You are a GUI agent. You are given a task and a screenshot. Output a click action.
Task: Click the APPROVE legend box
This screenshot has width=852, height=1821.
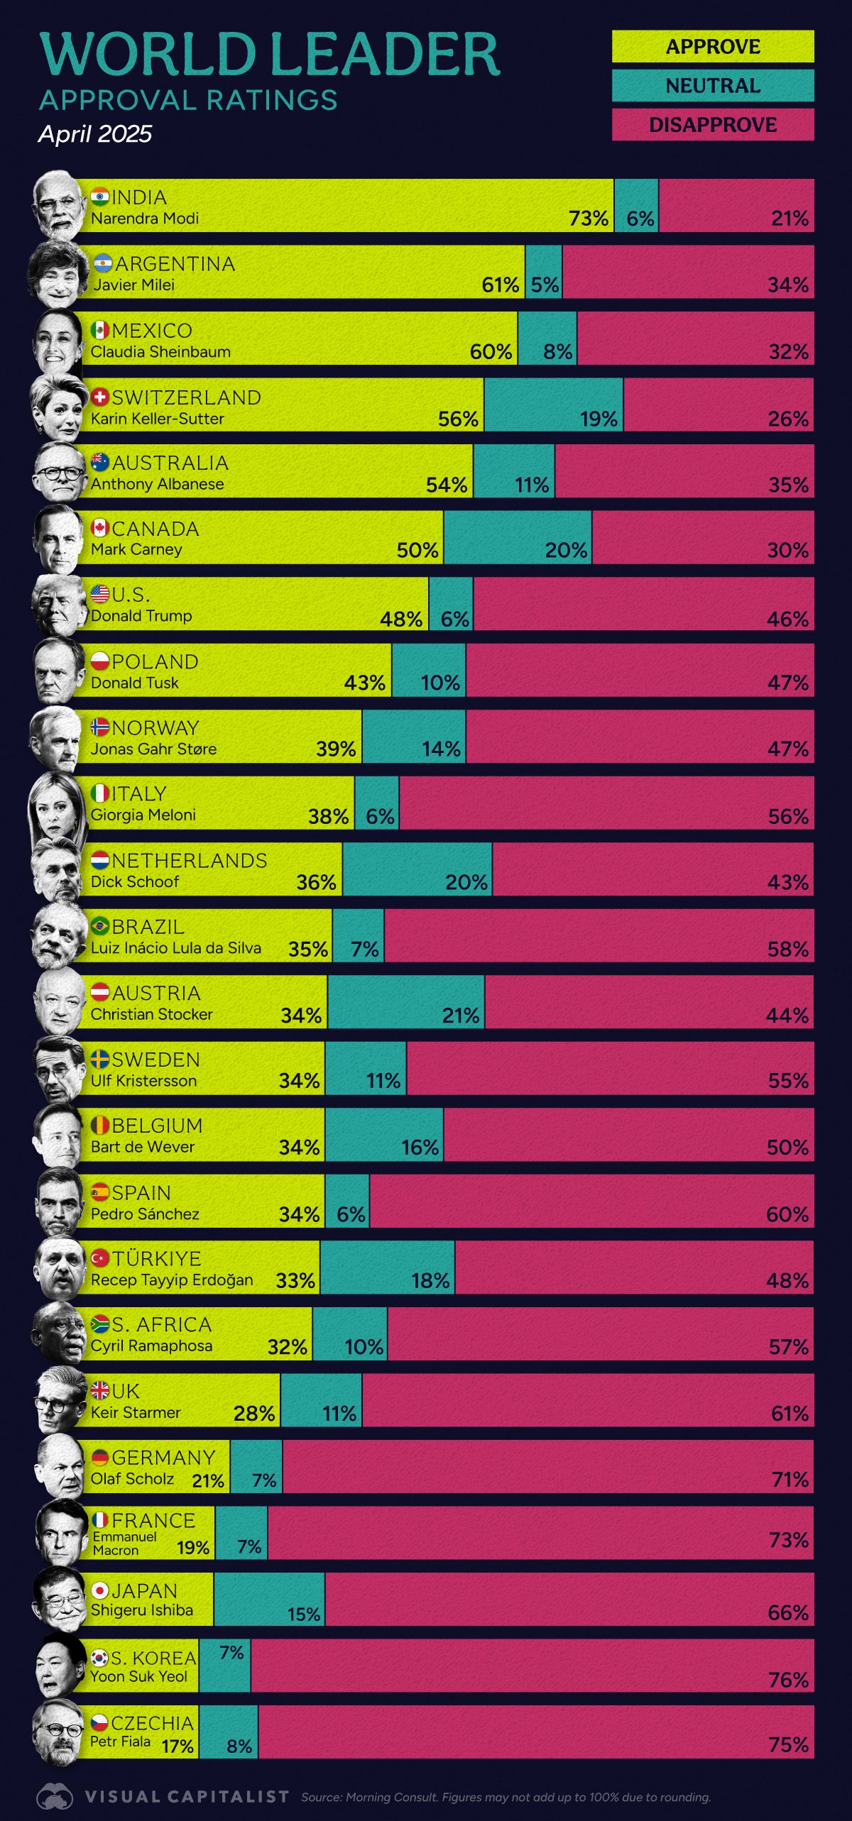click(x=712, y=47)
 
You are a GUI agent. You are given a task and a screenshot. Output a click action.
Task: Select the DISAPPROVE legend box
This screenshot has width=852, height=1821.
click(x=712, y=125)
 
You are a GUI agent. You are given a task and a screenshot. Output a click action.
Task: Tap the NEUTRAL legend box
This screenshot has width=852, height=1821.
click(x=712, y=86)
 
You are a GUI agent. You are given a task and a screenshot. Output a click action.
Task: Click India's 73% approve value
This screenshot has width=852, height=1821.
click(x=588, y=219)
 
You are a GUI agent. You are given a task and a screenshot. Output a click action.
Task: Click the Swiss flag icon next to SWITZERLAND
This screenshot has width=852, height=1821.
click(x=100, y=397)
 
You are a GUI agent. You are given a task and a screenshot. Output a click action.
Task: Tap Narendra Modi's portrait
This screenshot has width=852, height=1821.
click(x=58, y=206)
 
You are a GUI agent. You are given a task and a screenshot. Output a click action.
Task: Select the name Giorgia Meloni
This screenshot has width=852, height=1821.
click(x=143, y=815)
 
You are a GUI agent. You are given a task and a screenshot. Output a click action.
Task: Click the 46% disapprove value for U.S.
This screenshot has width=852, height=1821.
click(x=787, y=619)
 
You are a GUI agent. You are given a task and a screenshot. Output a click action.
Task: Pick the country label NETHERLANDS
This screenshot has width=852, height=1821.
click(x=189, y=860)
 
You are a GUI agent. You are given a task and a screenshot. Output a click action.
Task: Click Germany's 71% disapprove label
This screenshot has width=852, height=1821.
click(x=790, y=1479)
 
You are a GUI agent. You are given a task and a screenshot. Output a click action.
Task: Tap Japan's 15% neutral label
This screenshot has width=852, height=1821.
click(x=303, y=1614)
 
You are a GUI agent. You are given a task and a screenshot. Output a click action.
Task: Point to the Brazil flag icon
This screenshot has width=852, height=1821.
click(x=99, y=925)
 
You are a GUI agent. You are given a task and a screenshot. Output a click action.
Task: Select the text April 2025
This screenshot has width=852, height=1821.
click(x=95, y=134)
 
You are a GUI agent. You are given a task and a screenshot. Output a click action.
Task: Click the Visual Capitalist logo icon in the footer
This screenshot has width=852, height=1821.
click(x=55, y=1797)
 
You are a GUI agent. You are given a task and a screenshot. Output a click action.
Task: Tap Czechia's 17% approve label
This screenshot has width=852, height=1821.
click(x=177, y=1746)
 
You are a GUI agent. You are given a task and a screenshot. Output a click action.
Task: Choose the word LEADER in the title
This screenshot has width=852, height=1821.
click(x=385, y=54)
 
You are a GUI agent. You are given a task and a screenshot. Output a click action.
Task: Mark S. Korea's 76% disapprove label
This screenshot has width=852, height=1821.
click(x=788, y=1680)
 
